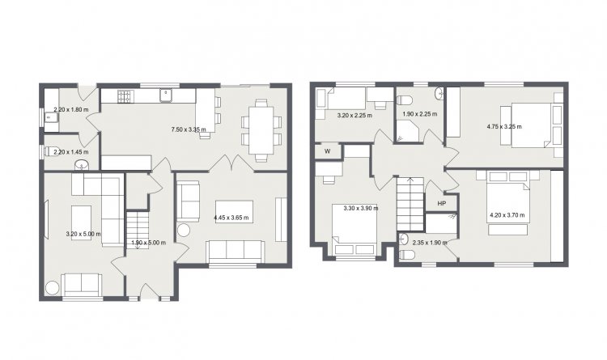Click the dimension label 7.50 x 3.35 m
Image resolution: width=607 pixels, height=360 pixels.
pos(189,129)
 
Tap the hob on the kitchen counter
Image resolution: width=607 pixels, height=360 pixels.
pos(125,96)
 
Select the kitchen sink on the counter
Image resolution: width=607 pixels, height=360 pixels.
pos(167,95)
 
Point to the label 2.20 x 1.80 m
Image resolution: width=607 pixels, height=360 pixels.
pos(71,109)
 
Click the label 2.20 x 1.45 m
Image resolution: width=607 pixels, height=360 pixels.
pos(71,152)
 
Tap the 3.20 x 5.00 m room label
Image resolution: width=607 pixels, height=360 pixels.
pos(83,234)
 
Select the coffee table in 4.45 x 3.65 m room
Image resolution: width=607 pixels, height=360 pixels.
pos(234,212)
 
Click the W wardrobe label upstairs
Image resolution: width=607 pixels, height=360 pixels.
pos(328,151)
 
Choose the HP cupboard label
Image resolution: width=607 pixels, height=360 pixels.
pos(441,204)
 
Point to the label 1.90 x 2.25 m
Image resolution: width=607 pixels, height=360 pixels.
pos(420,114)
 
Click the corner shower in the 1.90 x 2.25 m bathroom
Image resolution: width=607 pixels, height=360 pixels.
pos(407,130)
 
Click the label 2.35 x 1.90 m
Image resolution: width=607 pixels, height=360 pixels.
pos(430,243)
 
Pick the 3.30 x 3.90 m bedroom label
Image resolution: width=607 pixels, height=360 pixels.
pos(361,208)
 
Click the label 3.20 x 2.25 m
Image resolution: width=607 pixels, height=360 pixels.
pos(354,116)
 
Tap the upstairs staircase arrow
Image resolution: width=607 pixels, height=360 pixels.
pos(410,180)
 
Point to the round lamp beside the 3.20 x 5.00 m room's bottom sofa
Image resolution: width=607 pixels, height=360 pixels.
pos(53,288)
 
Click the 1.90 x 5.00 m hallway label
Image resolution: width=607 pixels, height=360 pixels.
pos(149,243)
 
